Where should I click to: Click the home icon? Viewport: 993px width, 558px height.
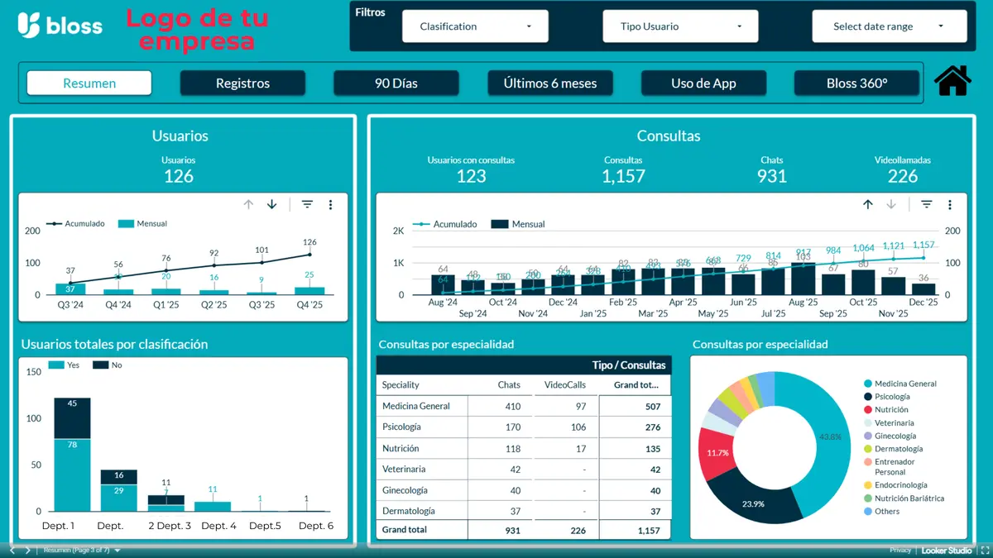[x=952, y=81]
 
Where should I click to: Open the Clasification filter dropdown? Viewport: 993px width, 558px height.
[x=475, y=26]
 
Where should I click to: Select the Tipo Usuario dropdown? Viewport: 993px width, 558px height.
[x=680, y=26]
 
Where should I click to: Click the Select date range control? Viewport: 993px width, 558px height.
[x=889, y=26]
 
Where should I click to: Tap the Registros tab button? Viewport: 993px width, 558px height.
[x=242, y=83]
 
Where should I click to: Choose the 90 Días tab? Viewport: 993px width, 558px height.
[x=396, y=83]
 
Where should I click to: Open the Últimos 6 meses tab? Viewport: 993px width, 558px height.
[x=549, y=83]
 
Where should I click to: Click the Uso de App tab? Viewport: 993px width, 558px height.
[x=703, y=83]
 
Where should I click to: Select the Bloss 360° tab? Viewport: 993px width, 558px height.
[x=856, y=83]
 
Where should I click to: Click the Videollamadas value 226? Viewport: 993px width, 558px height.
[x=903, y=176]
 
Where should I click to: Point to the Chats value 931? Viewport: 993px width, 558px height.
[x=771, y=176]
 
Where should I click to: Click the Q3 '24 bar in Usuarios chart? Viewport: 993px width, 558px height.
[x=70, y=289]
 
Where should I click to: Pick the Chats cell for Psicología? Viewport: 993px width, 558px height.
[x=512, y=427]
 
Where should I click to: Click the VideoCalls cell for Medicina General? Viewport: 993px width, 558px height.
[x=580, y=406]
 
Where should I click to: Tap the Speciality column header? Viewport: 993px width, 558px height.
[x=401, y=384]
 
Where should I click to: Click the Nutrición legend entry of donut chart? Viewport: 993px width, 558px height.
[x=890, y=410]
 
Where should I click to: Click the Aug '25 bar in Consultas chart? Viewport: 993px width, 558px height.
[x=803, y=279]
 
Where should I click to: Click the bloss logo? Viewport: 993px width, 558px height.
[x=60, y=26]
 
